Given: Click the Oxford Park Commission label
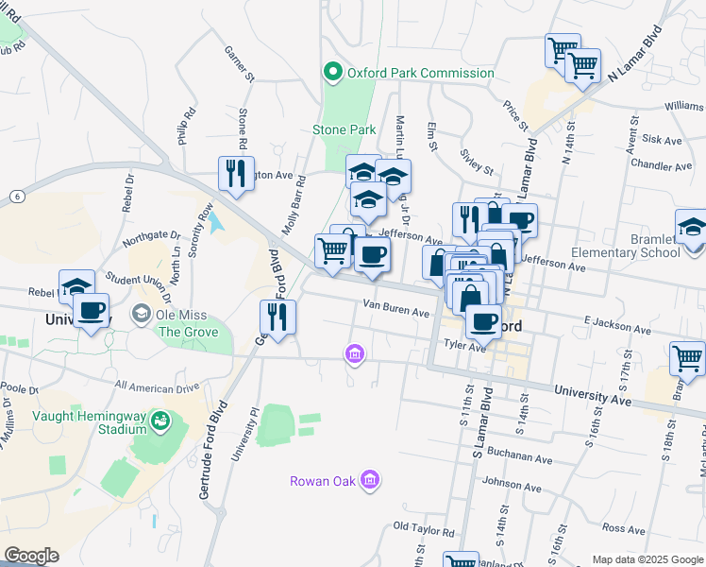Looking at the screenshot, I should point(420,73).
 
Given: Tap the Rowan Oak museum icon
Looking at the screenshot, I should point(370,481).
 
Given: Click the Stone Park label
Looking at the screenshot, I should point(345,130).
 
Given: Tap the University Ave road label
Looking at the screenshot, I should point(593,389).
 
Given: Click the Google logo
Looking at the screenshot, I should point(31,556).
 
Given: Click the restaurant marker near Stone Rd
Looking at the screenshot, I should point(236,173).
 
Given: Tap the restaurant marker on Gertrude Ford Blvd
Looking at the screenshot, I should point(277,317).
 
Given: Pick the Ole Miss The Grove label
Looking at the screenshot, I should point(189,322).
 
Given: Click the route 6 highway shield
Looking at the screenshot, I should point(16,196).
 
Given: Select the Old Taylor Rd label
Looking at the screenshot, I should point(424,527).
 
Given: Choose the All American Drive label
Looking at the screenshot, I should point(157,387).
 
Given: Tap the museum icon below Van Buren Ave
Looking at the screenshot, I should point(355,354).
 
